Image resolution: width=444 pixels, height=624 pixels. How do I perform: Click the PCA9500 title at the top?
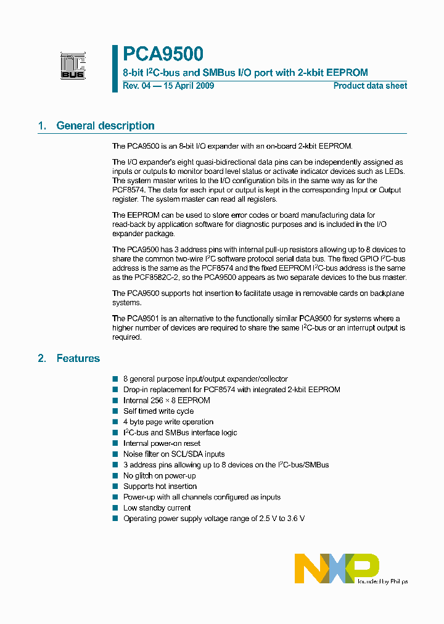click(x=163, y=55)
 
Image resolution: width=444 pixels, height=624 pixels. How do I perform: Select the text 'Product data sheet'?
click(x=370, y=86)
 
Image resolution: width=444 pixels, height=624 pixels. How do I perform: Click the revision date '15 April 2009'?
click(x=188, y=86)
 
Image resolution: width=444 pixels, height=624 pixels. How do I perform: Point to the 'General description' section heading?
click(x=105, y=126)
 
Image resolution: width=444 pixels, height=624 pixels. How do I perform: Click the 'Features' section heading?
click(x=78, y=358)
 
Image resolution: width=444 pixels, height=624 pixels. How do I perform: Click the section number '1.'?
click(x=42, y=126)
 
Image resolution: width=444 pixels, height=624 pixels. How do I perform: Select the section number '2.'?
click(x=42, y=358)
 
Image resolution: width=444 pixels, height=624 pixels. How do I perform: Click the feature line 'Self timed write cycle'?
click(x=158, y=411)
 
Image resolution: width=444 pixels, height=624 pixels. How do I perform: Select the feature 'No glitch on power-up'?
click(x=160, y=475)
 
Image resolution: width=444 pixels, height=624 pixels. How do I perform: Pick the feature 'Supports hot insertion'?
click(x=160, y=486)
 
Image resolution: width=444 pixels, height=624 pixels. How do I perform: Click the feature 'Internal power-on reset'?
click(x=162, y=443)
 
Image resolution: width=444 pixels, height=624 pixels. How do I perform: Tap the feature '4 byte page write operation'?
click(x=168, y=422)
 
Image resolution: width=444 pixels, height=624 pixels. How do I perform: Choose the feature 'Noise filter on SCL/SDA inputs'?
click(x=174, y=454)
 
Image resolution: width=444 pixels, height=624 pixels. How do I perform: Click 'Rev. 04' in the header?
click(x=136, y=86)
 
